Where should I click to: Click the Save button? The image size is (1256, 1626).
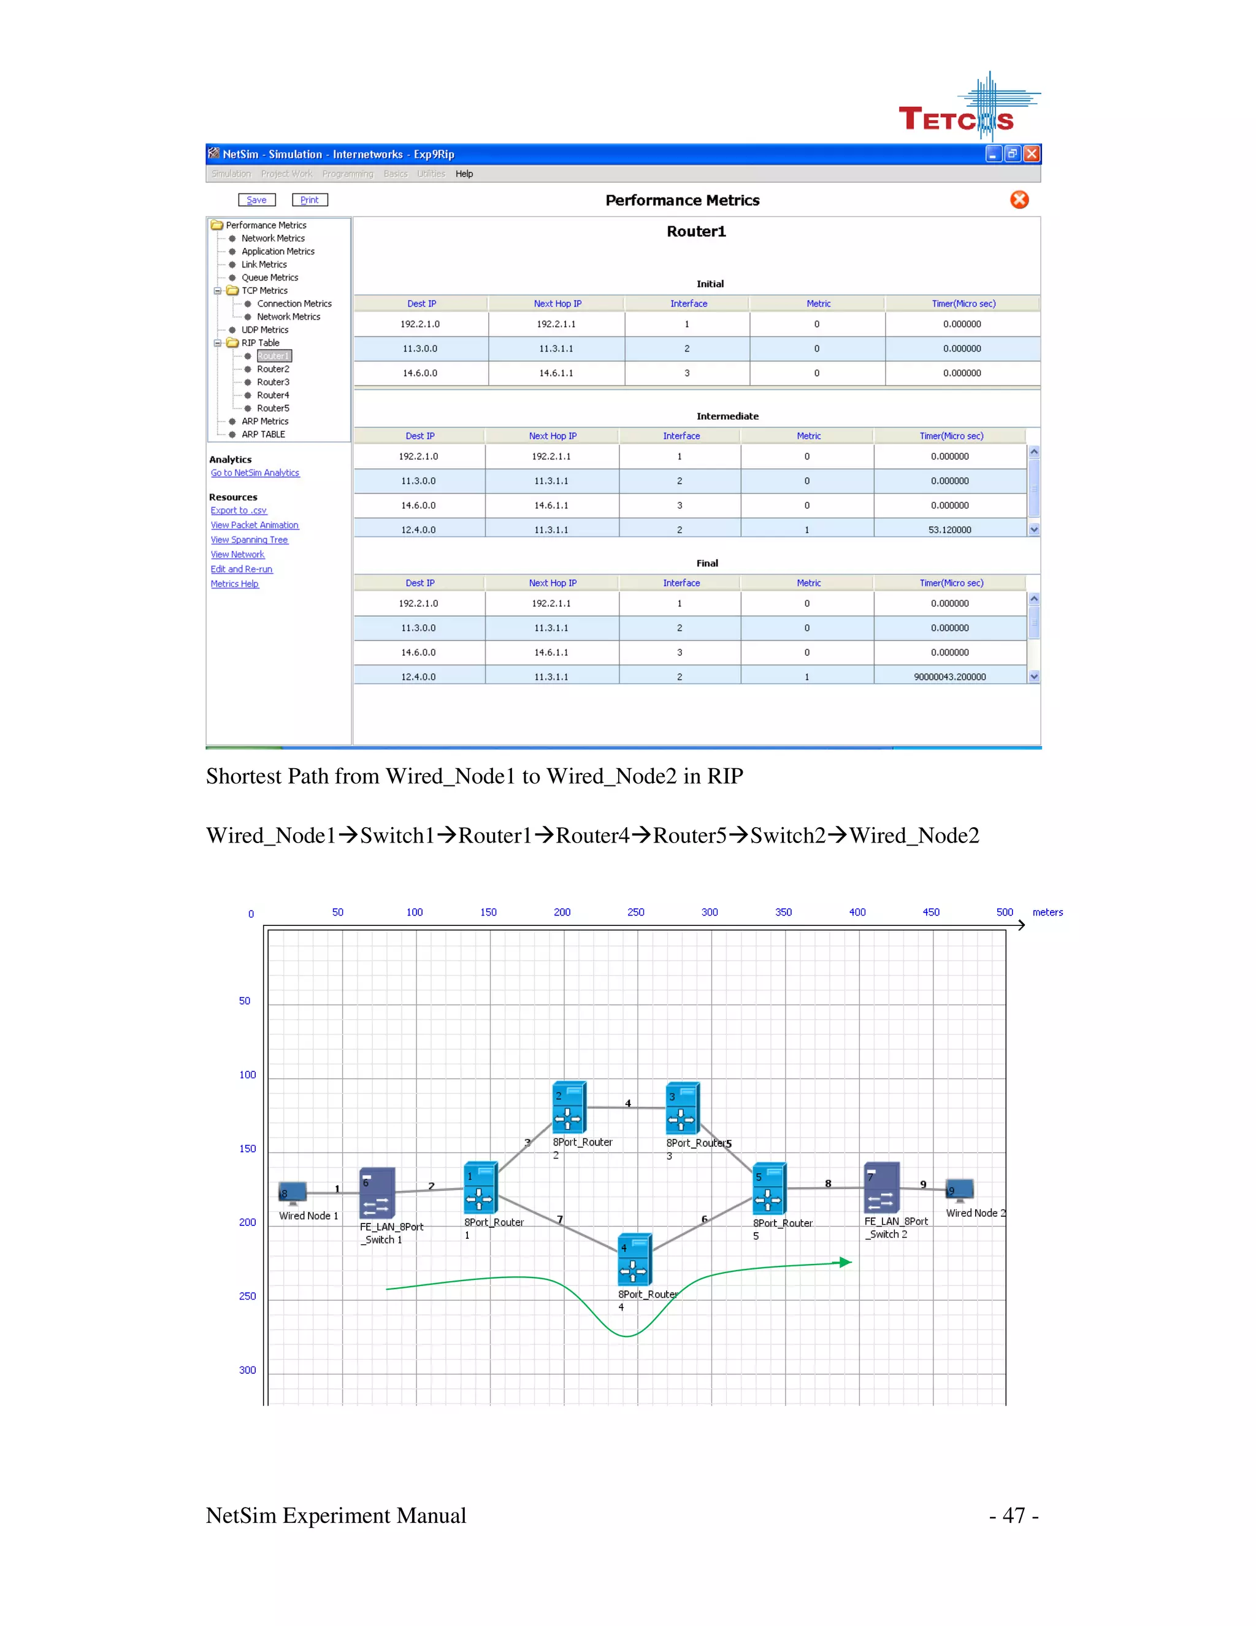[x=257, y=199]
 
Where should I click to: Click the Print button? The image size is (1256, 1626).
[x=310, y=199]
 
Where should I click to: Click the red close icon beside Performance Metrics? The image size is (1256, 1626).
[x=1019, y=199]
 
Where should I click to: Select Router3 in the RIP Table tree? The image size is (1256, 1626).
[x=272, y=382]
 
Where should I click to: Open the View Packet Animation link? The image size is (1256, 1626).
[x=255, y=525]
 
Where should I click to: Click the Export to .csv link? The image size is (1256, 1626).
[x=238, y=510]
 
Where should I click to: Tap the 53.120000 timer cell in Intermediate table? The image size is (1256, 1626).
[x=949, y=530]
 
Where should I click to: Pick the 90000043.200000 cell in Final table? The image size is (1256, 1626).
[x=949, y=677]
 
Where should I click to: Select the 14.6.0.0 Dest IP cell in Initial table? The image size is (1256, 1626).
[x=420, y=373]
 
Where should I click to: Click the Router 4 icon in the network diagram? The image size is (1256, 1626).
[x=635, y=1259]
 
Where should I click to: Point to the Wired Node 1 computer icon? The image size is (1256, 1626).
[x=293, y=1193]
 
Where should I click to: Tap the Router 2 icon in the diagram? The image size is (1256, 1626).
[x=569, y=1107]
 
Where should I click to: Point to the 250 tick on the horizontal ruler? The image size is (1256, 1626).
[x=635, y=912]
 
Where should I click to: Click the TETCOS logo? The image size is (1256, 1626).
[x=967, y=112]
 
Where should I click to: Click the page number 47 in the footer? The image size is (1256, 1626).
[x=1013, y=1515]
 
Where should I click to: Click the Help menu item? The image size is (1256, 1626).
[x=464, y=174]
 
